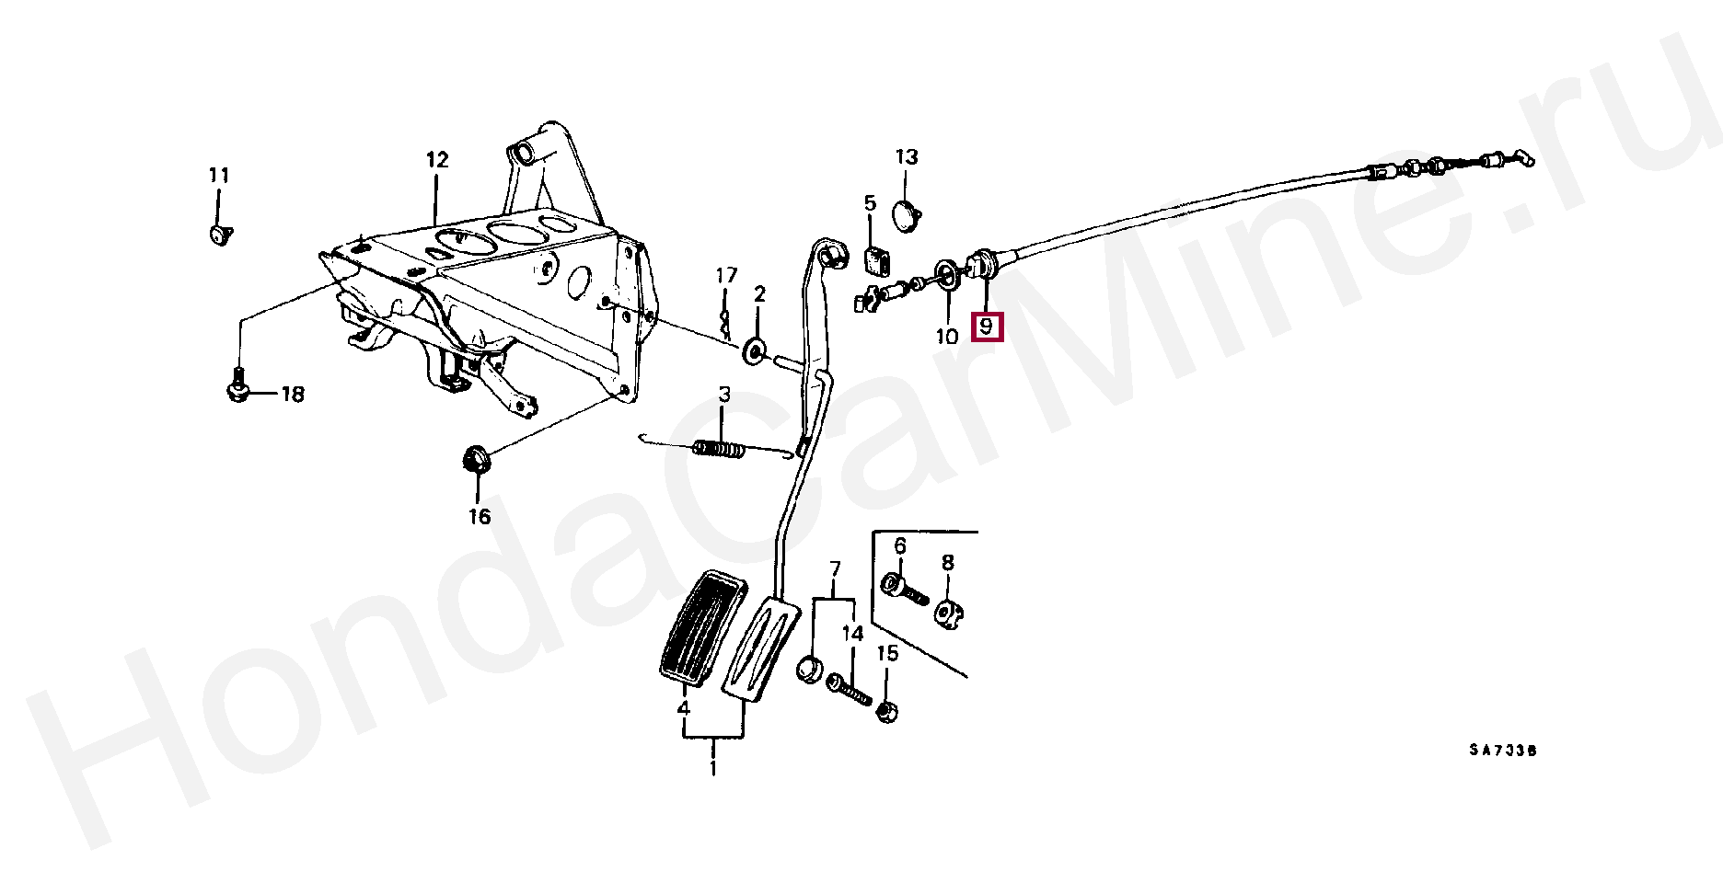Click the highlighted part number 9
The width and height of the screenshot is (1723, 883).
tap(986, 327)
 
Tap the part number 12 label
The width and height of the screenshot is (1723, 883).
tap(437, 160)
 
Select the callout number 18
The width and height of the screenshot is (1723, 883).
tap(292, 395)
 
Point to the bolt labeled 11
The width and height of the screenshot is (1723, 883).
tap(219, 235)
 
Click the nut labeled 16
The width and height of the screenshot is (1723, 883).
tap(476, 458)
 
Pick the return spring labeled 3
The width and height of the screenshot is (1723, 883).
tap(719, 449)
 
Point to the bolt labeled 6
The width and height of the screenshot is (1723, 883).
tap(903, 589)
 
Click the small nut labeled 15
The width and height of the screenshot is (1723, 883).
tap(886, 712)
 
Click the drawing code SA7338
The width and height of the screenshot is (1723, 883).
tap(1502, 751)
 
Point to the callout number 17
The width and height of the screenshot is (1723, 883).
tap(726, 276)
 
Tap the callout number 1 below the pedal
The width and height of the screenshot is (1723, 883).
tap(713, 767)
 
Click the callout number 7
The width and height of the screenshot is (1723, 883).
tap(835, 568)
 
